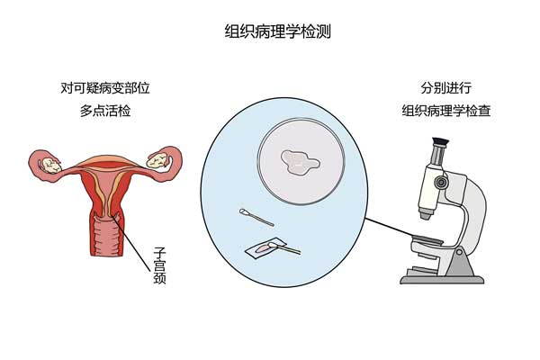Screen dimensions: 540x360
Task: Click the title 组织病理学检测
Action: pos(270,31)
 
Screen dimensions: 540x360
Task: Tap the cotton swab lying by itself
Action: pos(258,217)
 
